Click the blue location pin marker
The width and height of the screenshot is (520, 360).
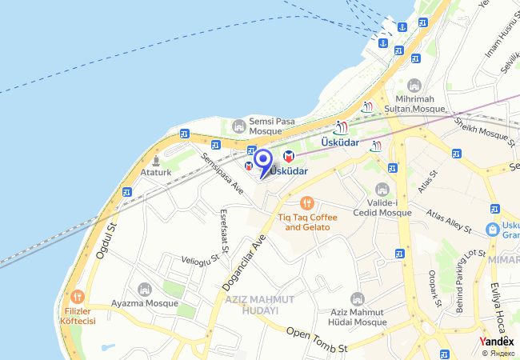coord(262,159)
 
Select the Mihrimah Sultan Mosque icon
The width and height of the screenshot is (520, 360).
coord(414,86)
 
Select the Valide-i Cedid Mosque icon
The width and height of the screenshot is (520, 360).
coord(382,190)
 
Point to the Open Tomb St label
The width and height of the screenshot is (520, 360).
coord(317,339)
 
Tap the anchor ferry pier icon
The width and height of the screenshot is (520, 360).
coord(383,42)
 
